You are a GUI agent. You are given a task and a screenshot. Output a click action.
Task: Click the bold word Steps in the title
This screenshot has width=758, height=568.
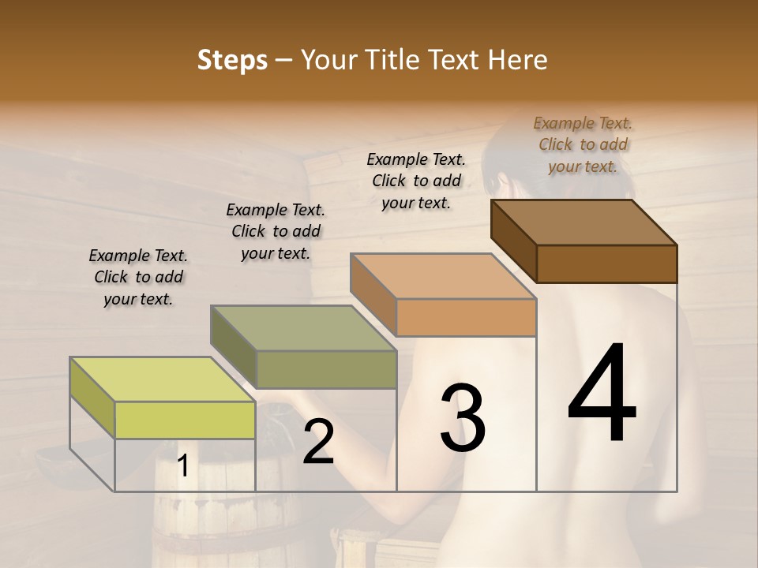pyautogui.click(x=232, y=60)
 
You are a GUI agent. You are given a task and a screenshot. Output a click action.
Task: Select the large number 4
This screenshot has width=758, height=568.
pyautogui.click(x=602, y=394)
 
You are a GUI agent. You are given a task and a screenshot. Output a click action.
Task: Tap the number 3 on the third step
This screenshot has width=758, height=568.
pyautogui.click(x=463, y=418)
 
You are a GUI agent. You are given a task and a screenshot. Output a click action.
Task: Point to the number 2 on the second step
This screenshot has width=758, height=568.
pyautogui.click(x=318, y=442)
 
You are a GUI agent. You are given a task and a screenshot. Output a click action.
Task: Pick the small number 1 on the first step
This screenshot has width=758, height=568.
pyautogui.click(x=182, y=466)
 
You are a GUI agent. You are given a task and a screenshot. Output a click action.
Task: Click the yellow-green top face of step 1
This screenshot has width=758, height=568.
pyautogui.click(x=162, y=379)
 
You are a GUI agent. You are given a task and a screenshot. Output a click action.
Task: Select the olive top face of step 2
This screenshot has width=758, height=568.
pyautogui.click(x=303, y=328)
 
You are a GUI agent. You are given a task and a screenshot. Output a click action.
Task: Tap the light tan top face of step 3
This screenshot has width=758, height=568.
pyautogui.click(x=444, y=276)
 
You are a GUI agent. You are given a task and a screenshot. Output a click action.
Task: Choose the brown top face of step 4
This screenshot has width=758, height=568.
pyautogui.click(x=584, y=222)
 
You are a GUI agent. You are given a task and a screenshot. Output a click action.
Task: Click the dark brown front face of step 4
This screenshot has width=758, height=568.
pyautogui.click(x=606, y=263)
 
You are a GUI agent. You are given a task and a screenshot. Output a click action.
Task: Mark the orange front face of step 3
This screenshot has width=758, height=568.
pyautogui.click(x=466, y=317)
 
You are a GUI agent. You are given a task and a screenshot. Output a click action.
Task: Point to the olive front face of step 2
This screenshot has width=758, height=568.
pyautogui.click(x=326, y=369)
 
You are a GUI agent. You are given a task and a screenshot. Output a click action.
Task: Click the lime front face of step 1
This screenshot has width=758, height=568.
pyautogui.click(x=185, y=420)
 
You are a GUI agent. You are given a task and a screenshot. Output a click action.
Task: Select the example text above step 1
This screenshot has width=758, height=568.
pyautogui.click(x=138, y=277)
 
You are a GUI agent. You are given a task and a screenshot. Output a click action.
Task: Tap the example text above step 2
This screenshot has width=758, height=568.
pyautogui.click(x=276, y=231)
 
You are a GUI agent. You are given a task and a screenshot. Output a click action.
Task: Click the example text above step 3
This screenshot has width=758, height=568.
pyautogui.click(x=416, y=181)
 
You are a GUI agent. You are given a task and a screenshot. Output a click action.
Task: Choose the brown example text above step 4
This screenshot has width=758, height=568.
pyautogui.click(x=583, y=144)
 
